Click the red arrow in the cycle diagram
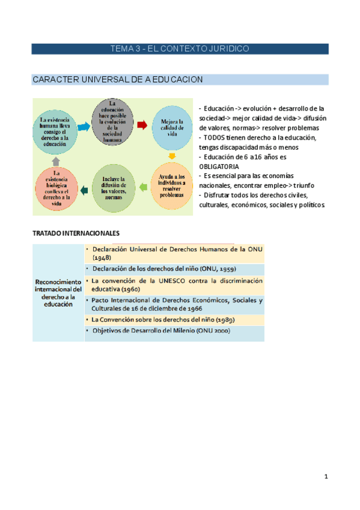pyautogui.click(x=142, y=125)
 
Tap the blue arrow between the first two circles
pyautogui.click(x=85, y=123)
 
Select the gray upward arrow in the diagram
pyautogui.click(x=55, y=161)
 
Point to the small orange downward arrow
pyautogui.click(x=171, y=157)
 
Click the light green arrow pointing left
pyautogui.click(x=142, y=188)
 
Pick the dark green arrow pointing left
pyautogui.click(x=84, y=191)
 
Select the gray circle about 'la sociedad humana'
pyautogui.click(x=112, y=123)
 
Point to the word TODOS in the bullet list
pyautogui.click(x=217, y=138)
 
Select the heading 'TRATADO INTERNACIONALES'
pyautogui.click(x=76, y=232)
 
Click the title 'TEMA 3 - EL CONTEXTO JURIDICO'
pyautogui.click(x=180, y=49)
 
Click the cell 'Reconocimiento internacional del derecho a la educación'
pyautogui.click(x=58, y=293)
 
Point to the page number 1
pyautogui.click(x=326, y=477)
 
